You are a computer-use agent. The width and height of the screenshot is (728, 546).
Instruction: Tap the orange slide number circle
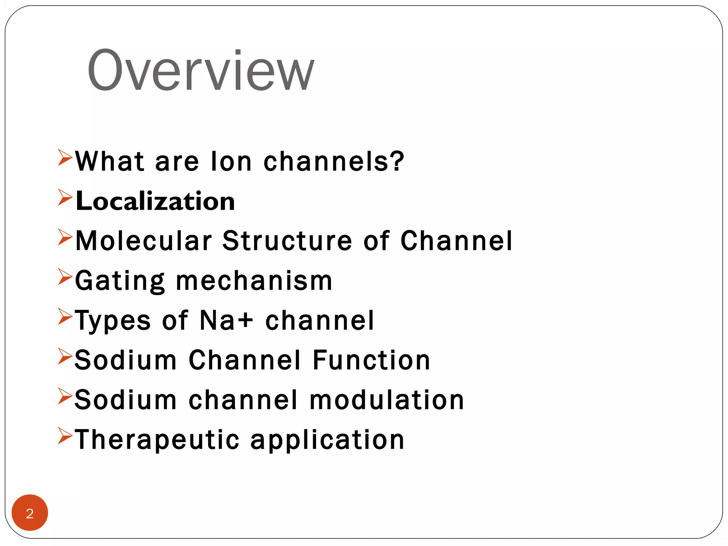pos(30,513)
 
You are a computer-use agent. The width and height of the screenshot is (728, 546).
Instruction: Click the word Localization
pos(155,201)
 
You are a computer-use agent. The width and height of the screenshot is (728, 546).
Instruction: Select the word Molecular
pos(144,241)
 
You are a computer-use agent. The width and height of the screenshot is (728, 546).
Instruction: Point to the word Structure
pos(287,241)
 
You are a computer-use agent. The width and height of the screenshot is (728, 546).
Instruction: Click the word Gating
pos(120,281)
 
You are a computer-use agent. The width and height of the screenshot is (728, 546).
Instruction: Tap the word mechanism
pos(254,281)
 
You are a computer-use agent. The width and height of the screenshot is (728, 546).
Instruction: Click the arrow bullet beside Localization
pos(65,197)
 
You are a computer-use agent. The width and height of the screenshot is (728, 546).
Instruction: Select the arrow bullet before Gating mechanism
pos(65,277)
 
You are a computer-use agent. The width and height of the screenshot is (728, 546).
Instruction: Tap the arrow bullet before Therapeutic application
pos(65,436)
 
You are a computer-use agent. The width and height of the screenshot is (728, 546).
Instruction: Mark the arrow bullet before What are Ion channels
pos(65,157)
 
